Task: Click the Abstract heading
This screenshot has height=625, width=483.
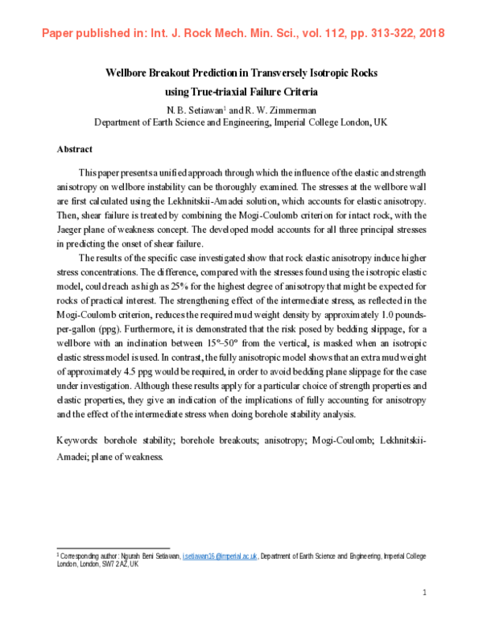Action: [x=74, y=149]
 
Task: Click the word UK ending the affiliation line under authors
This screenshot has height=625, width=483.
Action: [x=382, y=122]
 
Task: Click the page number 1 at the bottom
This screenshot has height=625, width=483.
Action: [x=424, y=594]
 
